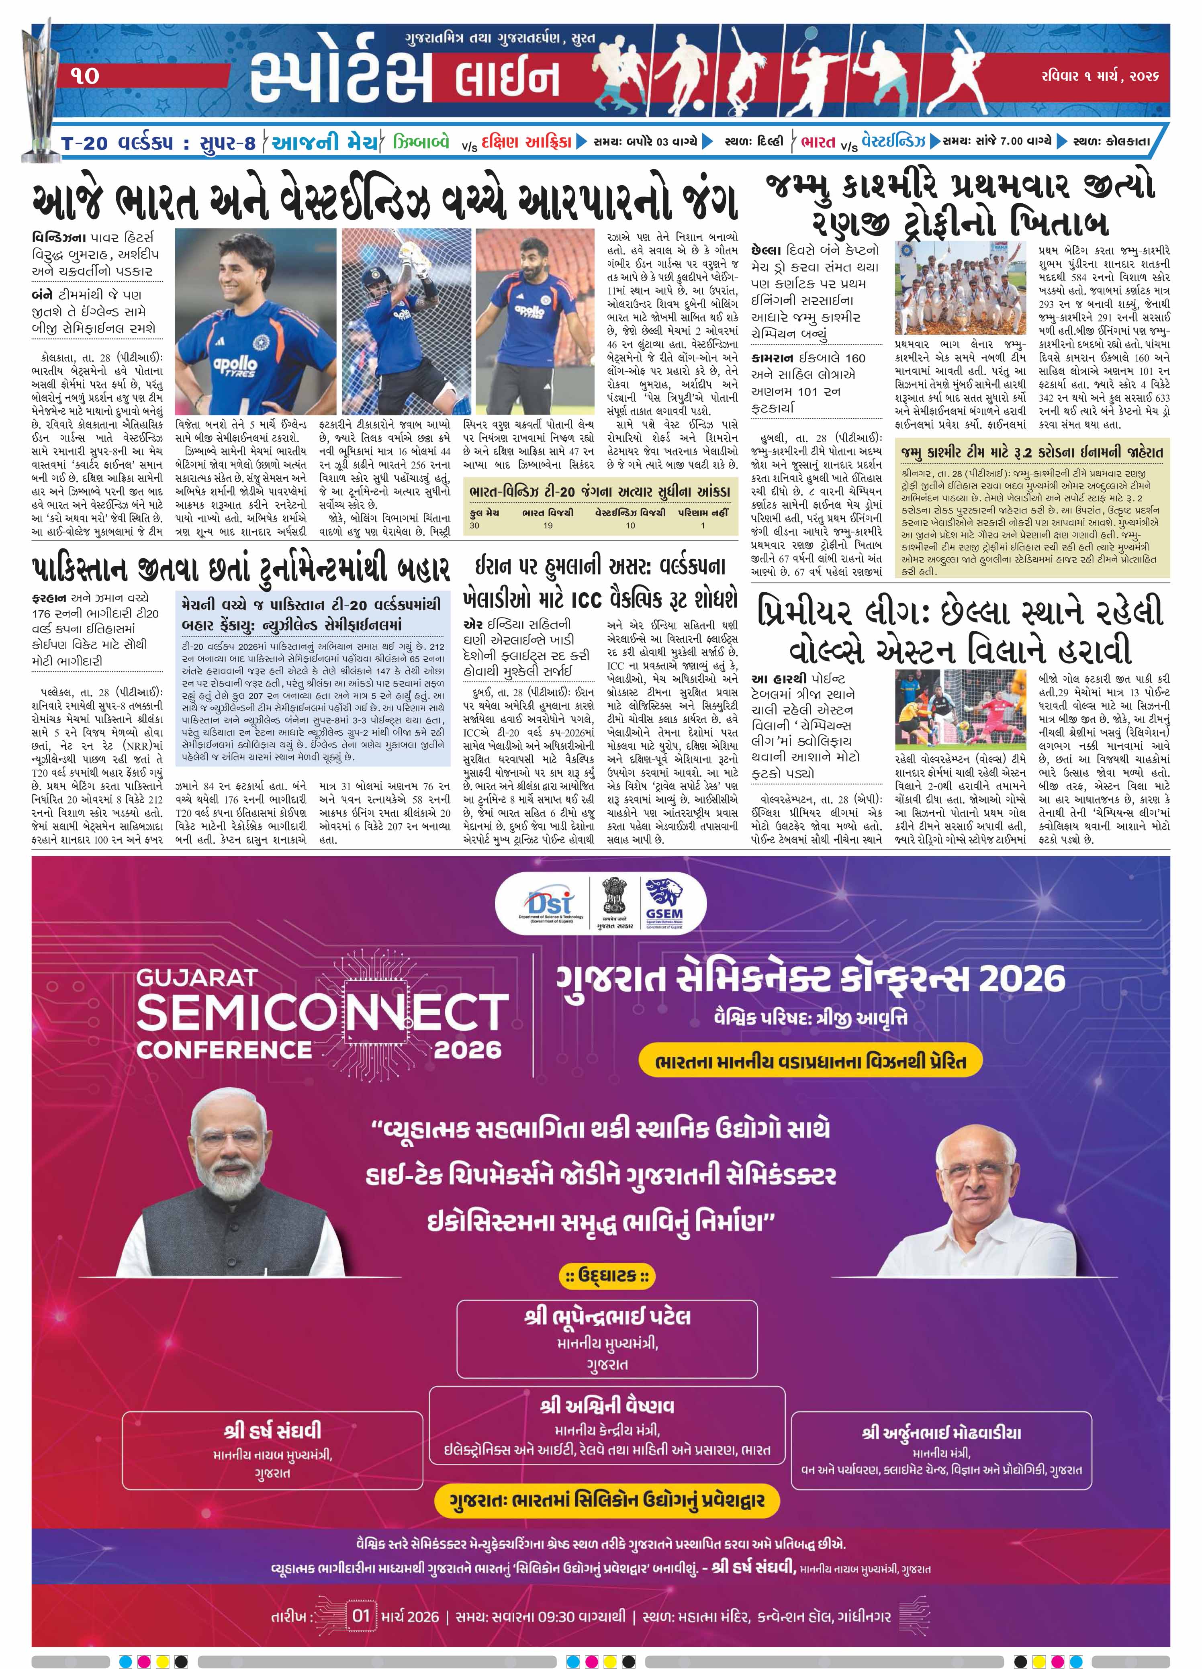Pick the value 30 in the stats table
(474, 526)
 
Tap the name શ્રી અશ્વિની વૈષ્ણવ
(607, 1405)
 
